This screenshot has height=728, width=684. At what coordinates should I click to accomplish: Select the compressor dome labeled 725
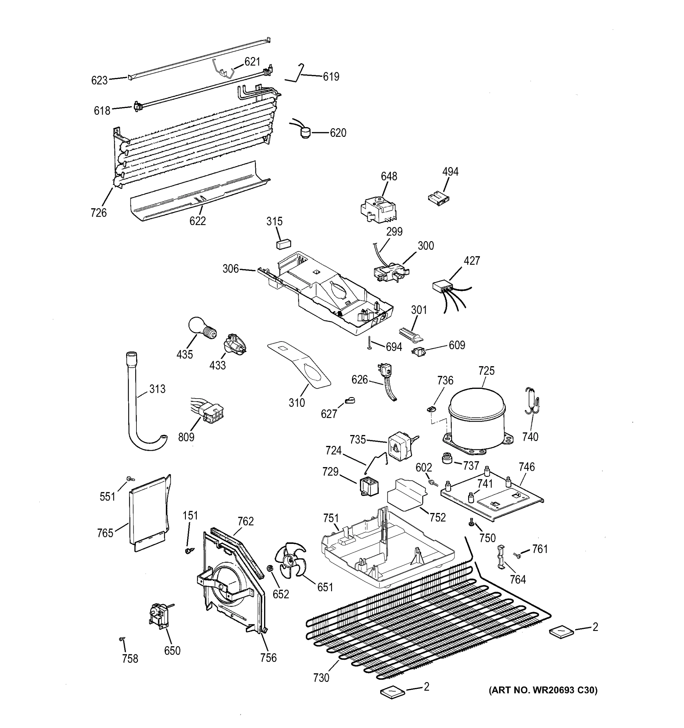click(x=477, y=417)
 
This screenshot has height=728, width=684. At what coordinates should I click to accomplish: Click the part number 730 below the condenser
click(x=321, y=678)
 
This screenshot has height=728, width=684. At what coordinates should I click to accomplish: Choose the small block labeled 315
click(x=283, y=244)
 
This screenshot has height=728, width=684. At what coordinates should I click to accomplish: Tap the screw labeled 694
click(x=370, y=343)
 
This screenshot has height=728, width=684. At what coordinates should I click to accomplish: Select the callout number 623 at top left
click(x=99, y=80)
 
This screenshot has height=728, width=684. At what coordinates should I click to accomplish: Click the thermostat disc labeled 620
click(x=304, y=132)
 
